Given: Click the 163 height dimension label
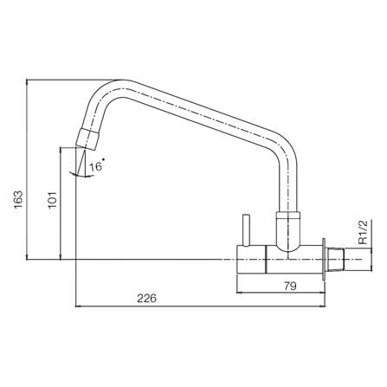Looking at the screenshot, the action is pyautogui.click(x=18, y=199).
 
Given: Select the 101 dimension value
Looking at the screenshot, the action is pyautogui.click(x=52, y=200).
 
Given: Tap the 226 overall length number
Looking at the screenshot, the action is pyautogui.click(x=146, y=298).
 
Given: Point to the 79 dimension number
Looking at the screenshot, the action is pyautogui.click(x=290, y=286).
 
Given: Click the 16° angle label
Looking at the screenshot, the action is pyautogui.click(x=96, y=166).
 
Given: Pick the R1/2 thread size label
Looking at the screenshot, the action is pyautogui.click(x=364, y=232).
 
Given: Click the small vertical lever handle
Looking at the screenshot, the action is pyautogui.click(x=246, y=230).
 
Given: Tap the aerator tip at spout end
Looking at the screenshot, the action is pyautogui.click(x=87, y=139).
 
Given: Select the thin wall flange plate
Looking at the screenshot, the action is pyautogui.click(x=324, y=259).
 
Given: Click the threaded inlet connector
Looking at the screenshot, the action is pyautogui.click(x=336, y=259).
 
